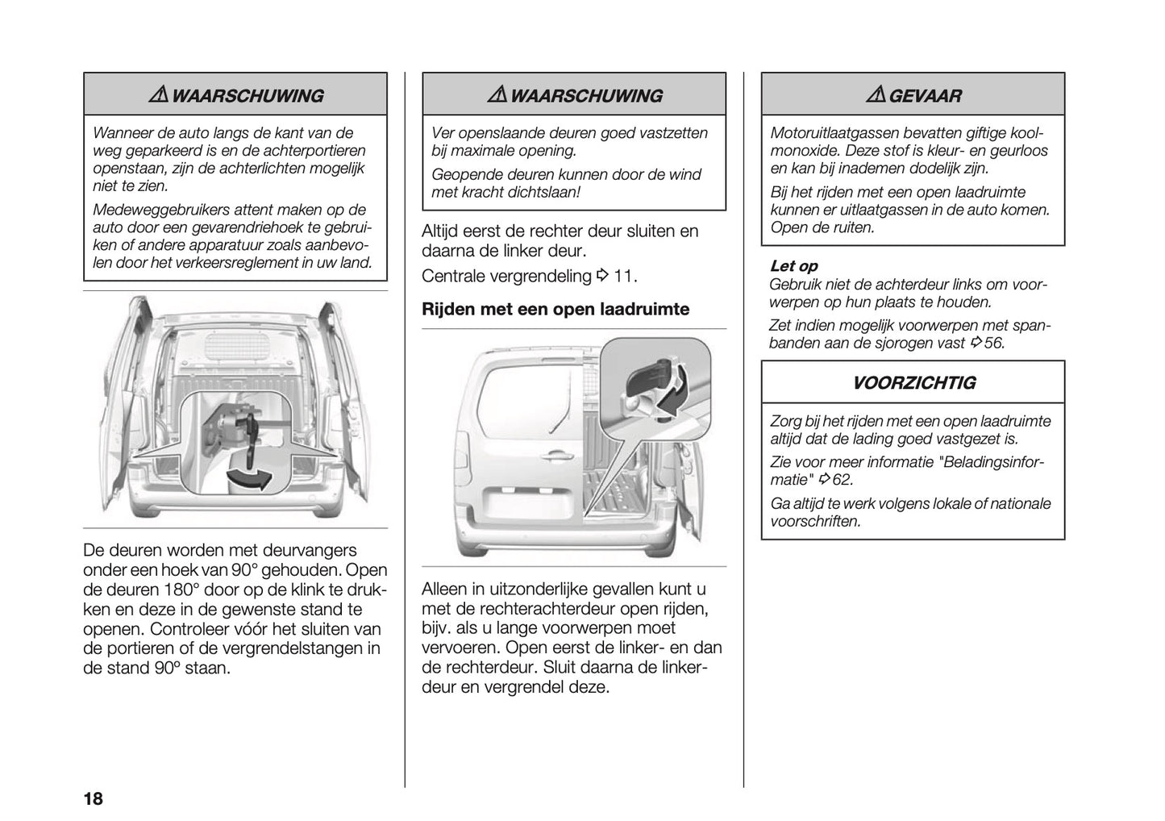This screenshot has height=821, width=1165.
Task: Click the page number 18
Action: [x=93, y=799]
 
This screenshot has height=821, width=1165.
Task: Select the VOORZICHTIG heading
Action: [x=913, y=383]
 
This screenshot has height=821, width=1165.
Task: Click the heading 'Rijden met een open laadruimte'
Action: [x=555, y=309]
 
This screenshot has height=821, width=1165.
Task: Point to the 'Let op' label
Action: [x=793, y=266]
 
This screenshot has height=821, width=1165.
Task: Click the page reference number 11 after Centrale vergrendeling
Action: [x=623, y=277]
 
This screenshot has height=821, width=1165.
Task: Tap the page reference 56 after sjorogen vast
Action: [x=994, y=343]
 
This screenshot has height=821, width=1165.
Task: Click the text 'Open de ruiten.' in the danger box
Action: [x=822, y=227]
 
